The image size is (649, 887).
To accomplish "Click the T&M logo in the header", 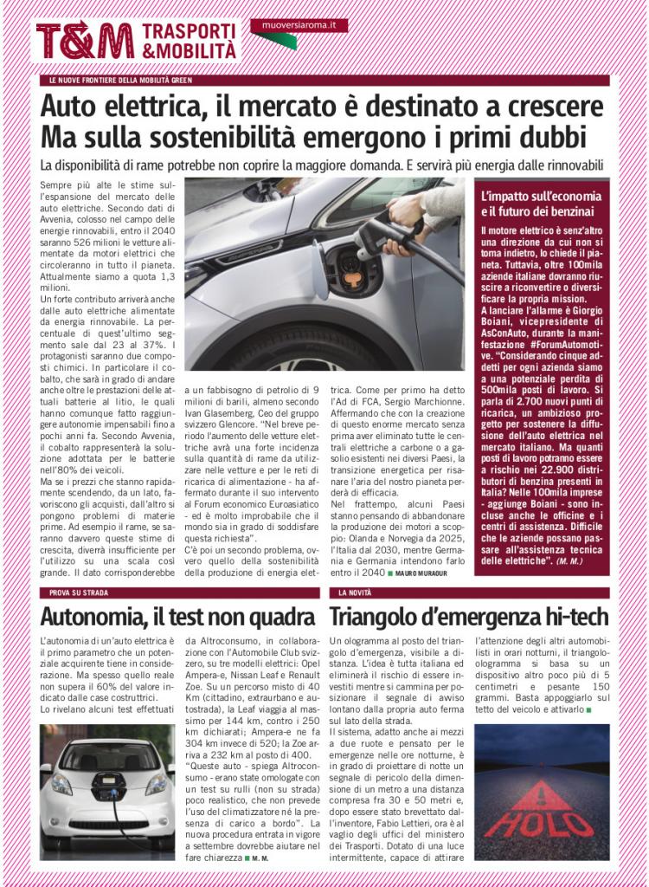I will (x=85, y=41).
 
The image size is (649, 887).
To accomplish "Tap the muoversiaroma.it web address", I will (x=299, y=26).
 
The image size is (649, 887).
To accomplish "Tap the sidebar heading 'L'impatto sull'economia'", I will (x=537, y=197).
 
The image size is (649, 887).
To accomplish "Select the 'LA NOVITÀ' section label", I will (x=355, y=592).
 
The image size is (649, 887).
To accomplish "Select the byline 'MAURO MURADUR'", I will (x=429, y=573).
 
